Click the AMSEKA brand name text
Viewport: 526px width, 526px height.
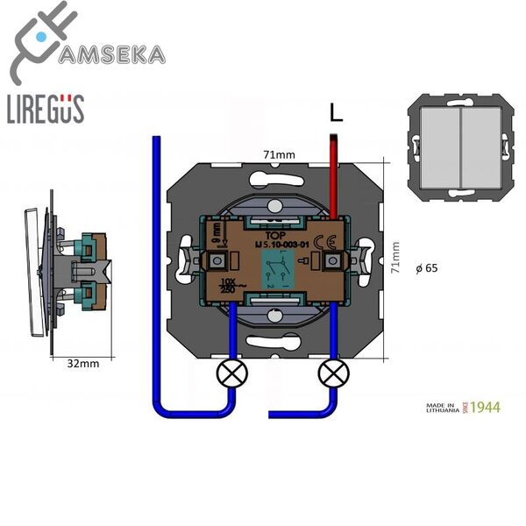click(111, 54)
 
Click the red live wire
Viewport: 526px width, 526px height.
click(333, 175)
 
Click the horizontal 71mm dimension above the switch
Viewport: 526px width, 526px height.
click(278, 154)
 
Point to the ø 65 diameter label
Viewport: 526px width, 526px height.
click(425, 268)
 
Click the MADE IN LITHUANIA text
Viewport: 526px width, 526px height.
click(443, 407)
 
